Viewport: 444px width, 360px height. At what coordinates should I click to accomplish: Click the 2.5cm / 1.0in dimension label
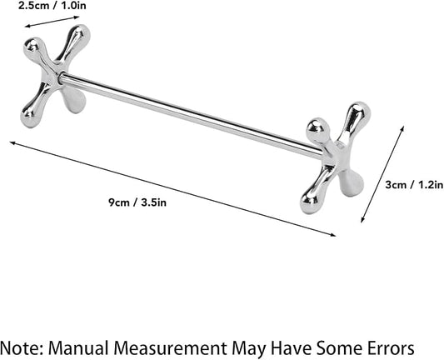click(52, 5)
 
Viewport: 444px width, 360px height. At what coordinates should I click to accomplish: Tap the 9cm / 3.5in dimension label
click(137, 202)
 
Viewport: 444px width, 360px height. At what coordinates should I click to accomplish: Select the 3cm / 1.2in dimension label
click(414, 185)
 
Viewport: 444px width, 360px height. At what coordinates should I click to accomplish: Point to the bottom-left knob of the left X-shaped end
click(29, 118)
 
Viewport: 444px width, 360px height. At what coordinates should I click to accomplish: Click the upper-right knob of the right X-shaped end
click(359, 112)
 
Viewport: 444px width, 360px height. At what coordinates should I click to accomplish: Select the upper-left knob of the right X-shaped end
click(317, 127)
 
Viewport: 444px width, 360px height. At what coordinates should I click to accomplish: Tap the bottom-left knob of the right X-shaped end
click(310, 202)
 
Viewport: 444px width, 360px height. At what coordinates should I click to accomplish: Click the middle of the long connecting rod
click(191, 115)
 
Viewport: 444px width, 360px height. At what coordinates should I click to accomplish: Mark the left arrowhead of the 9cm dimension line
click(12, 142)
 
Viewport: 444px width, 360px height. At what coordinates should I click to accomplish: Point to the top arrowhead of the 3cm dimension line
click(402, 127)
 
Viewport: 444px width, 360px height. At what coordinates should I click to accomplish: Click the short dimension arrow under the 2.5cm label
click(52, 22)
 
